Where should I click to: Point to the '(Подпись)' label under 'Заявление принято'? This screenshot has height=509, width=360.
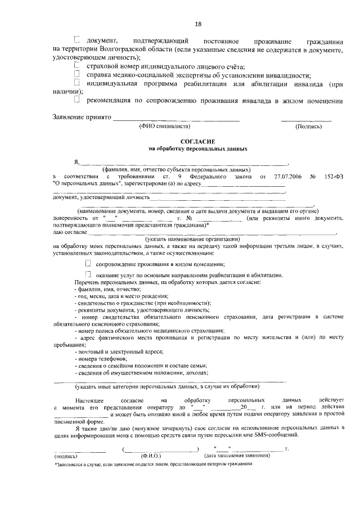pyautogui.click(x=308, y=127)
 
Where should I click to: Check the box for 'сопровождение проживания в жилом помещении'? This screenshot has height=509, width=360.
pyautogui.click(x=88, y=263)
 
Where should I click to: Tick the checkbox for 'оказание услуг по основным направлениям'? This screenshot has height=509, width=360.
pyautogui.click(x=88, y=273)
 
